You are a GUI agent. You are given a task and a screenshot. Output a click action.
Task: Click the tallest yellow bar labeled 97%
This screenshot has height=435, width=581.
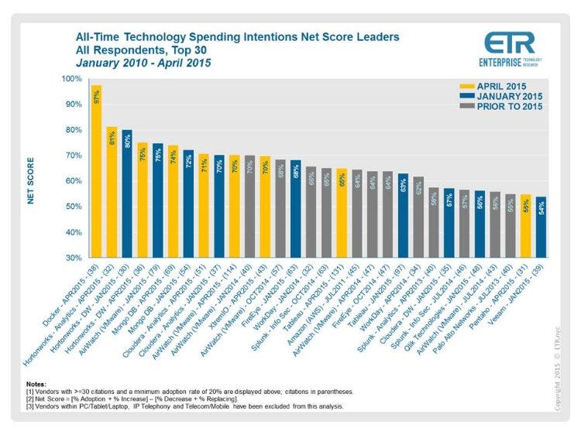(x=97, y=171)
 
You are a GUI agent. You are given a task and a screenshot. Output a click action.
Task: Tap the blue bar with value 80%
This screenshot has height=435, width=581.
(x=126, y=193)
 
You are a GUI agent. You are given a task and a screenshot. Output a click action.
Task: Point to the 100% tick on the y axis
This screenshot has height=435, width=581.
(x=70, y=79)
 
